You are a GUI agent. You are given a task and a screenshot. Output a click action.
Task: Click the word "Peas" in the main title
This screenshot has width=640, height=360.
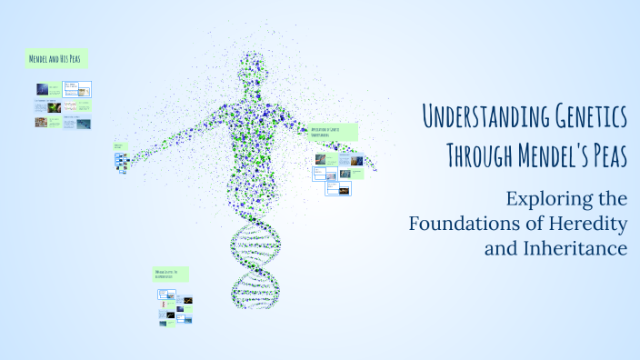coord(603,155)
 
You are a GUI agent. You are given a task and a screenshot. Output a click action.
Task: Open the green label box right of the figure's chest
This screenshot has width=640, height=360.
coord(333,133)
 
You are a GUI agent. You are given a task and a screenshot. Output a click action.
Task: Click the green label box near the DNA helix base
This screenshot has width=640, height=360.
coord(170,274)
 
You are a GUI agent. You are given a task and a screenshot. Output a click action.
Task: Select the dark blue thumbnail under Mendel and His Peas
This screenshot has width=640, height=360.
coord(42,89)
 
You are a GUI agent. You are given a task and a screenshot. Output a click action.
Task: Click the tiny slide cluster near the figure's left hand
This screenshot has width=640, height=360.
coord(121,161)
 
